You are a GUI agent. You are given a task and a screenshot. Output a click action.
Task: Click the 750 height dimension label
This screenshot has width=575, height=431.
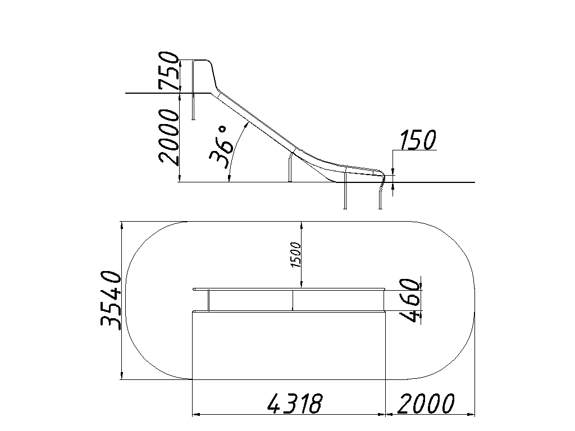[168, 71]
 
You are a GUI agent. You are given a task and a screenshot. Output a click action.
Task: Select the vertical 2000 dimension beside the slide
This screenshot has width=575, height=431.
[168, 136]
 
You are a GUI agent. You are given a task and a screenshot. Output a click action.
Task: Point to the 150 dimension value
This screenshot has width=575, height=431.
[417, 140]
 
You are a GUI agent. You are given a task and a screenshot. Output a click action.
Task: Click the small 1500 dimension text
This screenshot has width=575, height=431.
[296, 255]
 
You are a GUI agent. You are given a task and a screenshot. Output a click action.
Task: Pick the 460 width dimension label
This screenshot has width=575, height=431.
[409, 300]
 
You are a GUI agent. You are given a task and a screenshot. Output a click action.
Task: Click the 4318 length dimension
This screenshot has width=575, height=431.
[295, 403]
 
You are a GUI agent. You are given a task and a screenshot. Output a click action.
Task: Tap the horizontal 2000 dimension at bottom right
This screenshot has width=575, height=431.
[426, 403]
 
